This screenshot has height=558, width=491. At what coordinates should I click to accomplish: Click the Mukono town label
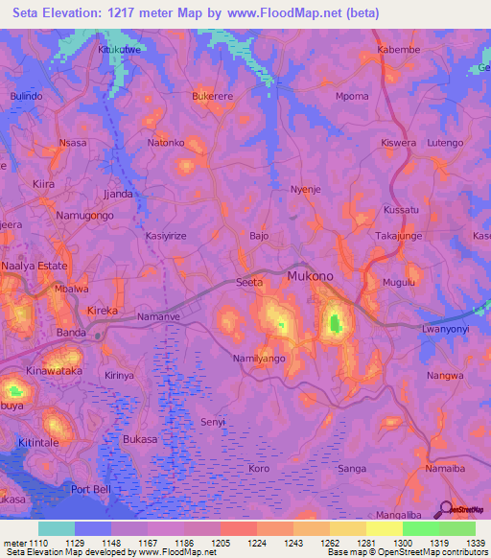[x=310, y=276]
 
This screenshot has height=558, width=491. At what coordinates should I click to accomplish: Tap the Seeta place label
[x=249, y=282]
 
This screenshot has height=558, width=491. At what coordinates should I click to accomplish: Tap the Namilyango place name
[x=260, y=358]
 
